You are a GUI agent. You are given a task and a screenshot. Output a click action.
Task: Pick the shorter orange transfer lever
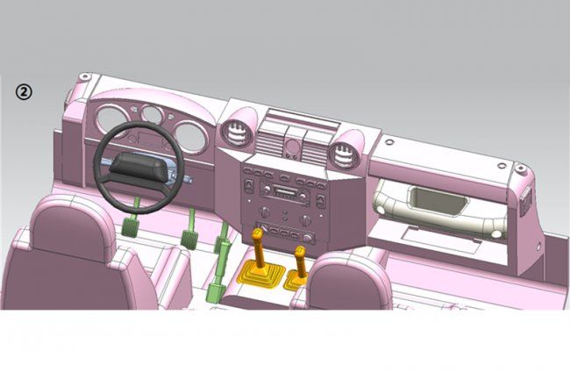pos(300,262)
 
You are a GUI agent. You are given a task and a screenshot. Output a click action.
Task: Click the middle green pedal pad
pos(188,238)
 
